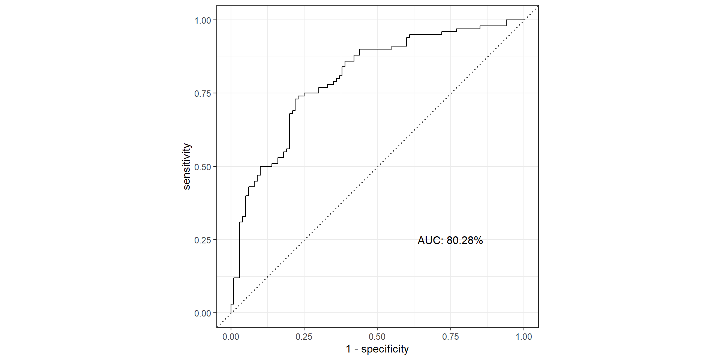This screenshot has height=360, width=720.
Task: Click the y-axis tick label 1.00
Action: click(x=202, y=21)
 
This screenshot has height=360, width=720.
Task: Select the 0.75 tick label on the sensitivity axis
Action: click(x=202, y=94)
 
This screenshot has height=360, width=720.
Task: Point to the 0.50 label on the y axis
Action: click(x=202, y=167)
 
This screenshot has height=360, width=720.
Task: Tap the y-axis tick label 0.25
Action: click(x=202, y=240)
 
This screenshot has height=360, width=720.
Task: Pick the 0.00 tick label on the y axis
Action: click(x=202, y=313)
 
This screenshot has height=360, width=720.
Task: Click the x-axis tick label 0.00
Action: click(x=231, y=337)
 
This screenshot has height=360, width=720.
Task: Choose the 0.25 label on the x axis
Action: click(x=304, y=337)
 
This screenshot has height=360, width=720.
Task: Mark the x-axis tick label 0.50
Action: click(x=377, y=337)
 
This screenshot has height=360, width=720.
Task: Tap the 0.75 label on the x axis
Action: click(x=450, y=337)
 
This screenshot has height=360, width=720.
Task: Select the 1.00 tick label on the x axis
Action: click(x=523, y=337)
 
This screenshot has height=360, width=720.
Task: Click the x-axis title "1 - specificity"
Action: click(x=377, y=349)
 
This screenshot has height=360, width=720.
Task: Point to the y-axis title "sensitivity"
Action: click(x=187, y=166)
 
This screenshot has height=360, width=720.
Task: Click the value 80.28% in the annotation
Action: click(x=465, y=240)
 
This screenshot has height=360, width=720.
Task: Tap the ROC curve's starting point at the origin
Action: click(x=231, y=313)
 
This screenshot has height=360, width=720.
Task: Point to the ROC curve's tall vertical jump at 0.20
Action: click(x=289, y=131)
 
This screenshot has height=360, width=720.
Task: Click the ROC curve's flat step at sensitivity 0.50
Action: click(x=266, y=166)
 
